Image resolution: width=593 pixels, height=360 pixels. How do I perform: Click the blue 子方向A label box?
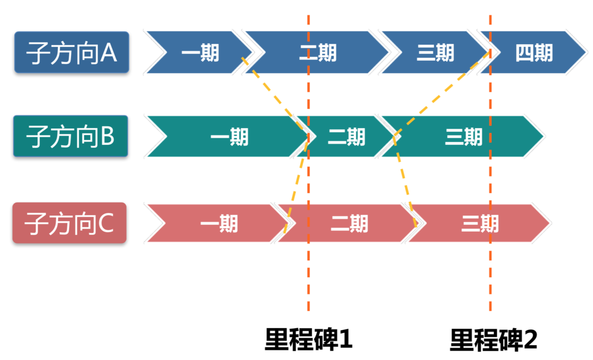click(x=72, y=52)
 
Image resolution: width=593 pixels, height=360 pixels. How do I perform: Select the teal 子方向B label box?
click(x=71, y=136)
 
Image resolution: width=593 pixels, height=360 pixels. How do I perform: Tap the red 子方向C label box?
click(x=69, y=223)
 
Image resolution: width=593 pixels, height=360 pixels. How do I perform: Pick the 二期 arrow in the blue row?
click(x=318, y=53)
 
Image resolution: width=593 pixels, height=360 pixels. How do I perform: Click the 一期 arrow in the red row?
click(x=218, y=223)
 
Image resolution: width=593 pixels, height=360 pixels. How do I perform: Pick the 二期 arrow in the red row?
click(x=349, y=223)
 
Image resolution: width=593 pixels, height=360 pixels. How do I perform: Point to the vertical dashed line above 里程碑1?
click(x=308, y=277)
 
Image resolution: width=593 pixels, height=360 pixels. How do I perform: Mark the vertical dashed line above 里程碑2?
click(x=490, y=277)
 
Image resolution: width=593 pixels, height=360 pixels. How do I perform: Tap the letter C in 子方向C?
click(x=106, y=223)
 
